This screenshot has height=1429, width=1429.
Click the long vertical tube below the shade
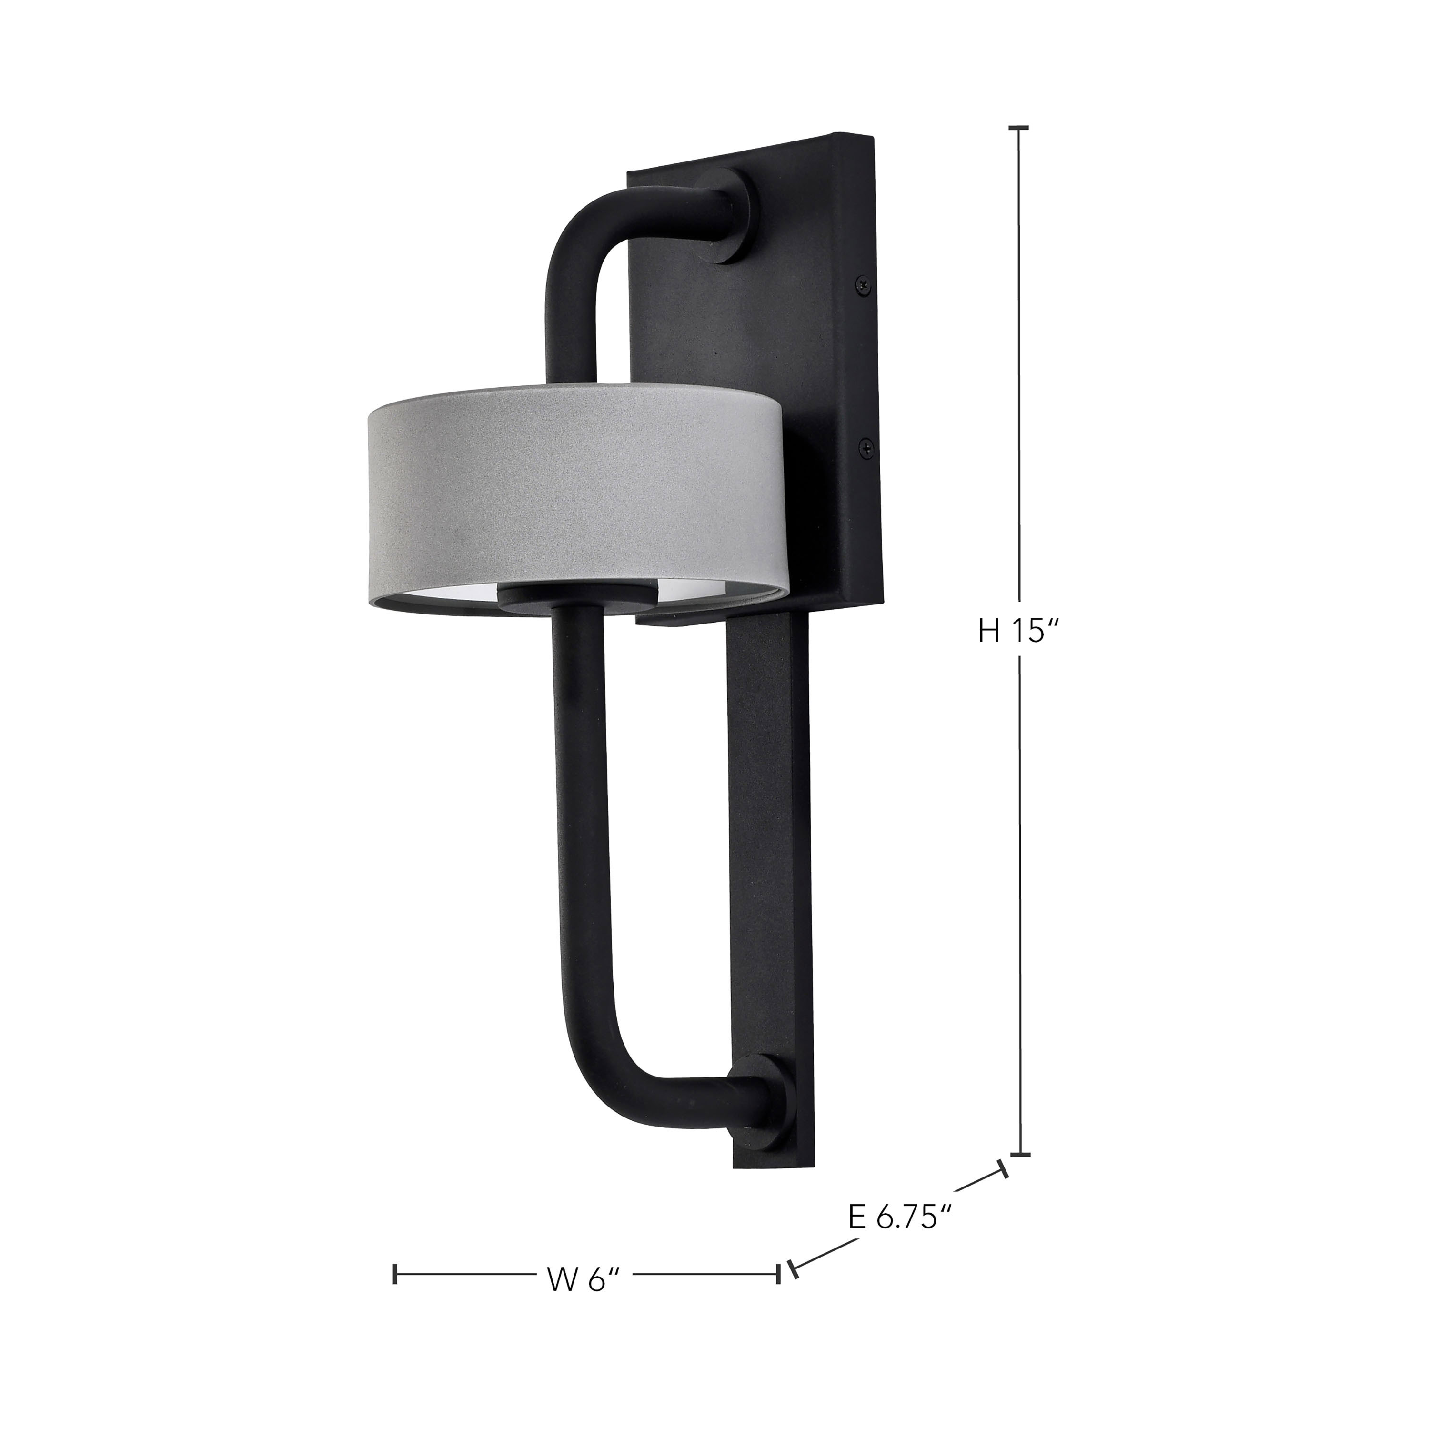pos(577,814)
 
